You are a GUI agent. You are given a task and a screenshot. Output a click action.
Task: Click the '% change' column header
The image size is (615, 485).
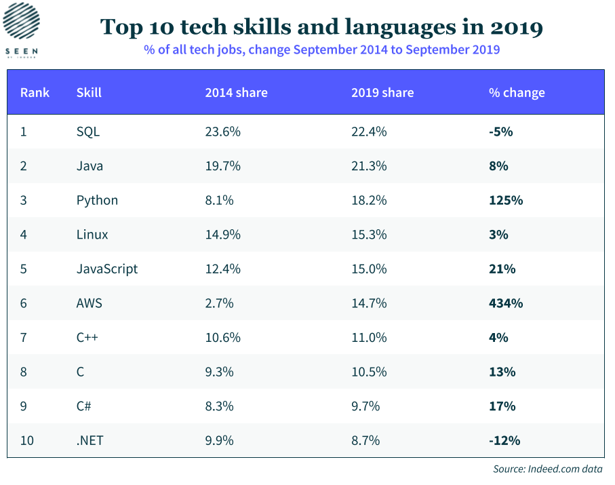tap(517, 93)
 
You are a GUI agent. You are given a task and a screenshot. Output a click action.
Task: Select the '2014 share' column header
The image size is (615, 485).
tap(236, 93)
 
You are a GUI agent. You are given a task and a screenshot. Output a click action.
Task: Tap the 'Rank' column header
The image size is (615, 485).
tap(35, 93)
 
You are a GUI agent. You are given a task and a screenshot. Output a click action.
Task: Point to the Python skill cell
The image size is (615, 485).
tap(97, 200)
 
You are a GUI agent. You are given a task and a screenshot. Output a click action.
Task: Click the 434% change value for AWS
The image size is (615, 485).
tap(506, 303)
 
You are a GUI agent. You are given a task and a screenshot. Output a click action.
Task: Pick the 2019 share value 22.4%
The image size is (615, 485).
tap(369, 132)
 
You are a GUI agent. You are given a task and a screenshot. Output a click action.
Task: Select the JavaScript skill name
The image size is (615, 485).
tap(107, 269)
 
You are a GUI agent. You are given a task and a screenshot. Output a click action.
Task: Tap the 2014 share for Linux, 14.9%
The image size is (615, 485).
tap(223, 235)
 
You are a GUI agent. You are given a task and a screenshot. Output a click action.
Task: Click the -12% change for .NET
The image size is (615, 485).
tap(504, 440)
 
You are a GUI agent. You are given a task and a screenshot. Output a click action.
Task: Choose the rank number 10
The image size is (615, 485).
tap(27, 440)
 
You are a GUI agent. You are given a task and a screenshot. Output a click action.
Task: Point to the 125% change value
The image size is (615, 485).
tap(506, 200)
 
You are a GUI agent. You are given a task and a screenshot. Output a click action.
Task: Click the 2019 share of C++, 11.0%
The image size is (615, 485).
tap(369, 337)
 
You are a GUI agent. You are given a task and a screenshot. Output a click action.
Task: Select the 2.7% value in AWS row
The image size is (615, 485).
tap(220, 303)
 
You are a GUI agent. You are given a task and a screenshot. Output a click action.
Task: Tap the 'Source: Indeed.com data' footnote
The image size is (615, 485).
tap(547, 469)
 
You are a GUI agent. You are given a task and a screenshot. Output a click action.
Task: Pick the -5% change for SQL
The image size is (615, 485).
tap(500, 132)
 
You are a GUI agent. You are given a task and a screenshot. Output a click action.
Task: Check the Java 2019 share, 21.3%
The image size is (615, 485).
tap(369, 166)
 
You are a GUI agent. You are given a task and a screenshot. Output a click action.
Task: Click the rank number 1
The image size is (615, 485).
tap(24, 132)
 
